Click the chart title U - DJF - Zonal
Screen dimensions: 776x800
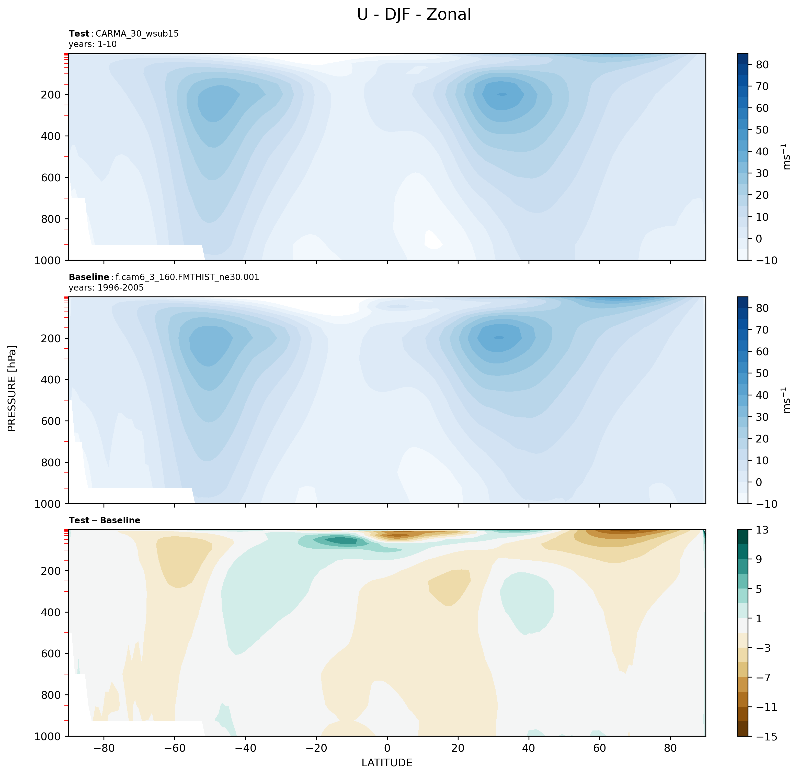tap(414, 15)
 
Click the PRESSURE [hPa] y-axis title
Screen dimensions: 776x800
tap(12, 388)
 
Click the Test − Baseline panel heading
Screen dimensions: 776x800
tap(105, 520)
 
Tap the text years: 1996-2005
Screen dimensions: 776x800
tap(106, 287)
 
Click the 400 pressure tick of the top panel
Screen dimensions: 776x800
tap(51, 136)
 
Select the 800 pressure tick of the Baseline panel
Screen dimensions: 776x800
tap(51, 462)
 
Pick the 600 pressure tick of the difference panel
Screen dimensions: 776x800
tap(51, 653)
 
